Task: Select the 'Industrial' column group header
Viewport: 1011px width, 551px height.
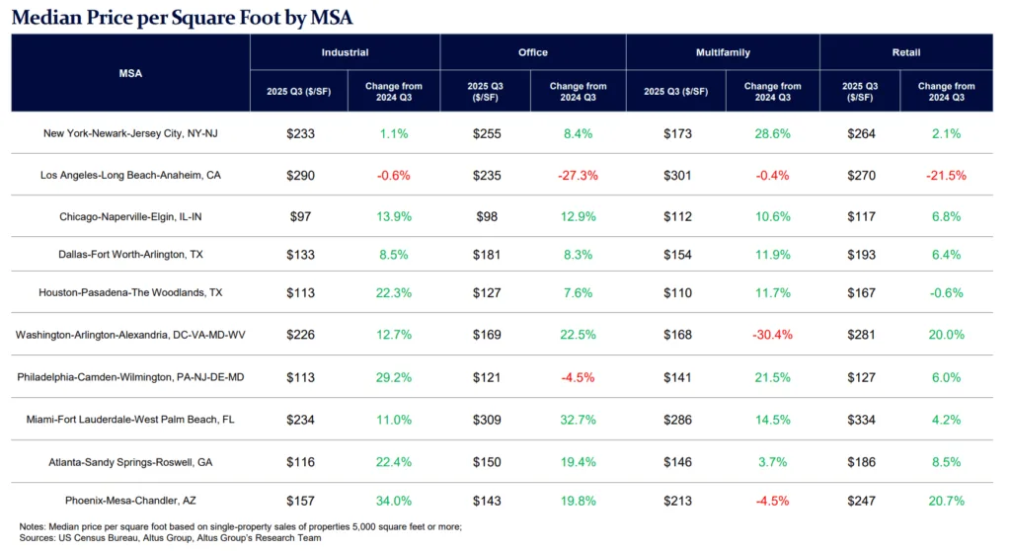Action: (x=345, y=52)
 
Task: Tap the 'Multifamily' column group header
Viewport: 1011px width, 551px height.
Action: (x=722, y=52)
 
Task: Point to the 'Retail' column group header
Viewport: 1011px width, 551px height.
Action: (x=905, y=52)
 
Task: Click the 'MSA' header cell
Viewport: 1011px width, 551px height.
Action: (x=130, y=72)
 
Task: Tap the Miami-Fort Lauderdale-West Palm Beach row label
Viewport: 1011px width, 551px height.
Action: (x=130, y=419)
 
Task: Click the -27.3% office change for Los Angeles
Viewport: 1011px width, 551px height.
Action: (x=578, y=175)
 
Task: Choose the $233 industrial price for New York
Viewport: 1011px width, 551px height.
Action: (x=298, y=132)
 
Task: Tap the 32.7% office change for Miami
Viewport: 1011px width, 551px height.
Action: (x=578, y=419)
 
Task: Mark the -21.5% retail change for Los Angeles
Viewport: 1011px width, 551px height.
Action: (x=945, y=175)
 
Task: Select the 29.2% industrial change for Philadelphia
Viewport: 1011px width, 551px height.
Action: (x=394, y=376)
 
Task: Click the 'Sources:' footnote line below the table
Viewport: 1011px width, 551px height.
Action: (x=170, y=538)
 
